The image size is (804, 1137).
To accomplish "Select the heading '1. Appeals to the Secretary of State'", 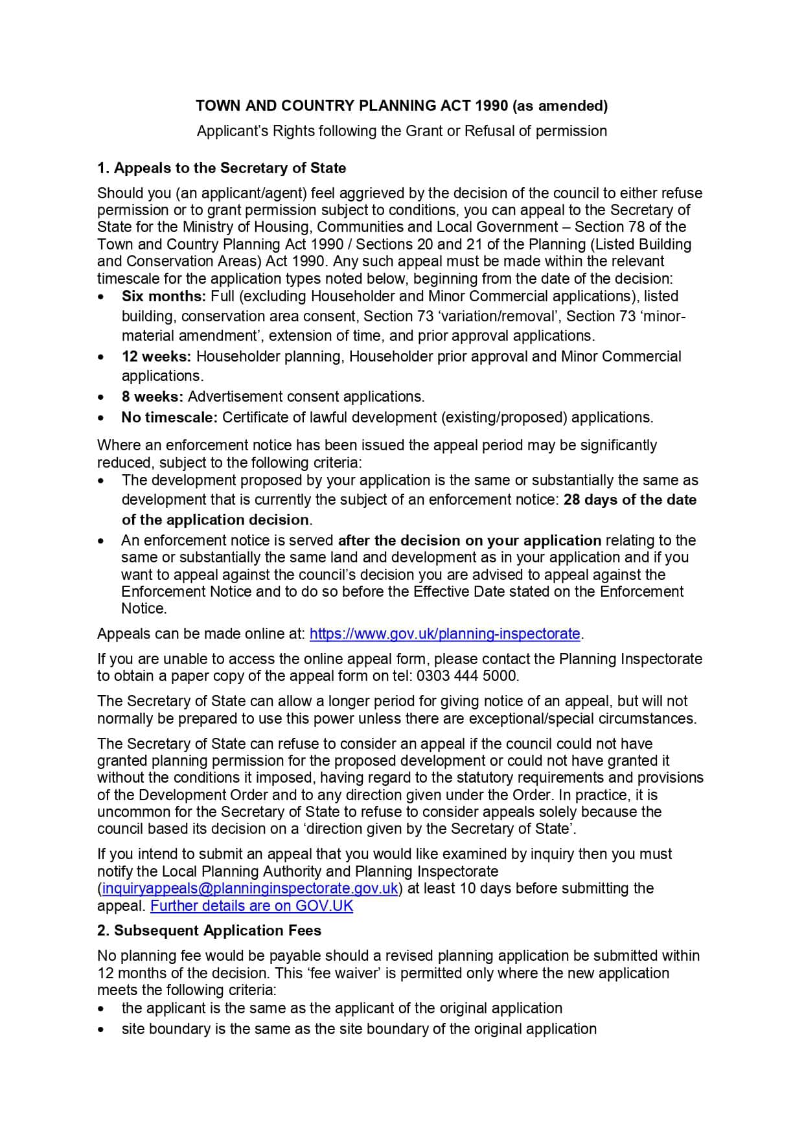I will [x=222, y=168].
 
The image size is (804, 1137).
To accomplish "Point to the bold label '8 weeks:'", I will [x=152, y=397].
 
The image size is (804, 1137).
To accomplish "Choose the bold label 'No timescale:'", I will [x=169, y=418].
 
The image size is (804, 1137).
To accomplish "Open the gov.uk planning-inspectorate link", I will [x=445, y=634].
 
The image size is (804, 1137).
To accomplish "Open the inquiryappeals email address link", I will [x=250, y=889].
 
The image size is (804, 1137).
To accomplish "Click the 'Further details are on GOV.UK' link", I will [x=251, y=906].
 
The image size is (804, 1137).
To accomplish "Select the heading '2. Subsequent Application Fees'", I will [x=209, y=931].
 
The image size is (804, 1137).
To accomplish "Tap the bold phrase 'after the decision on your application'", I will [x=470, y=541].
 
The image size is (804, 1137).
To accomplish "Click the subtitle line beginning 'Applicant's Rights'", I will [x=402, y=132].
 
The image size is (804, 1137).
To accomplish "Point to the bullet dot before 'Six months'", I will [x=100, y=297].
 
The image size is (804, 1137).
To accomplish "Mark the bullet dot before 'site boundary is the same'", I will [x=100, y=1030].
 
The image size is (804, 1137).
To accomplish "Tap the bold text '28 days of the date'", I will [x=630, y=500].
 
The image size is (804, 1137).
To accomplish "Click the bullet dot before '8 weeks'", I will [x=100, y=398].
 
